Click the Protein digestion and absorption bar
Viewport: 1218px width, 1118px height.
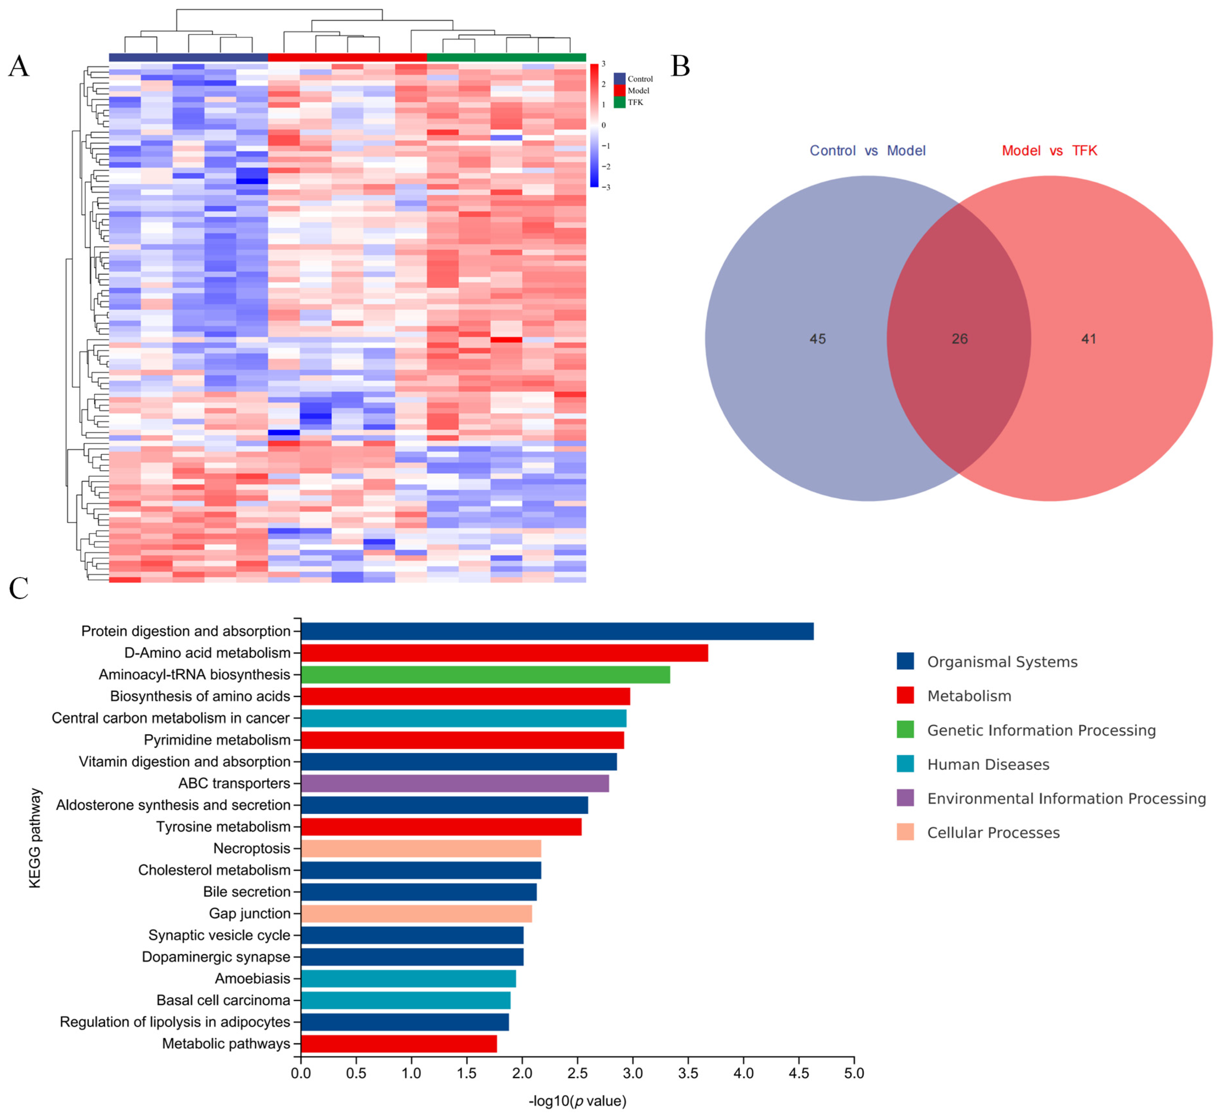(x=557, y=631)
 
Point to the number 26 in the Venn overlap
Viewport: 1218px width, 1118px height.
(x=959, y=339)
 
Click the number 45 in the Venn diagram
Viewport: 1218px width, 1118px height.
(x=817, y=339)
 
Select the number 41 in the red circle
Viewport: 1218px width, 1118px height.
(x=1088, y=339)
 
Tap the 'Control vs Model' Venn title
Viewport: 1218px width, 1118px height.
(x=868, y=151)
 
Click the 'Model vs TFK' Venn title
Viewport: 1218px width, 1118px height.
(x=1049, y=151)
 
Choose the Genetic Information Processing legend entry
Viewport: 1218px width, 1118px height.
(x=1041, y=730)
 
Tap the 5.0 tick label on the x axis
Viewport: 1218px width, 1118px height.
(x=854, y=1073)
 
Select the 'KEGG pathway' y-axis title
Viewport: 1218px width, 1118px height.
(x=35, y=838)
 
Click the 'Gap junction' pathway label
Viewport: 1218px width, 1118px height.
(x=250, y=914)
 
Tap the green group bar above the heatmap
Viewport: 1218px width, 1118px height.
(x=506, y=57)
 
